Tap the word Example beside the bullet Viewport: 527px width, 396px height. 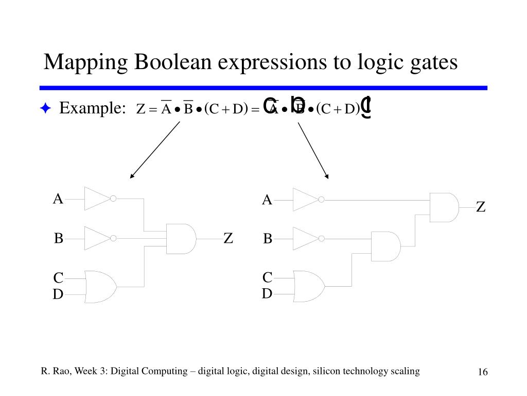click(91, 109)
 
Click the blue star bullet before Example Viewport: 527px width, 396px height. click(45, 109)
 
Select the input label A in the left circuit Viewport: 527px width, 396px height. click(58, 199)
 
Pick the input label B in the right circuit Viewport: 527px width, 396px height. click(268, 239)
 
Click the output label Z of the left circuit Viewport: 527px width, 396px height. click(229, 239)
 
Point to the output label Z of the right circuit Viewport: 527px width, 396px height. click(481, 207)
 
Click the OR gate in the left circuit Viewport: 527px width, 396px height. click(100, 286)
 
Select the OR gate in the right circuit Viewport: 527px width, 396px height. click(308, 286)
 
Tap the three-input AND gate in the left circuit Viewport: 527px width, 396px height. click(181, 239)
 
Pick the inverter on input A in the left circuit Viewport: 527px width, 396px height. click(98, 199)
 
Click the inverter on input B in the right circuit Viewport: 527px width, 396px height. click(306, 239)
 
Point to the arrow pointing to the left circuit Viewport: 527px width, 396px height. click(154, 150)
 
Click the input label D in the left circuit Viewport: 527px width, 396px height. click(58, 295)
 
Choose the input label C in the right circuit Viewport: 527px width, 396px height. click(267, 278)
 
